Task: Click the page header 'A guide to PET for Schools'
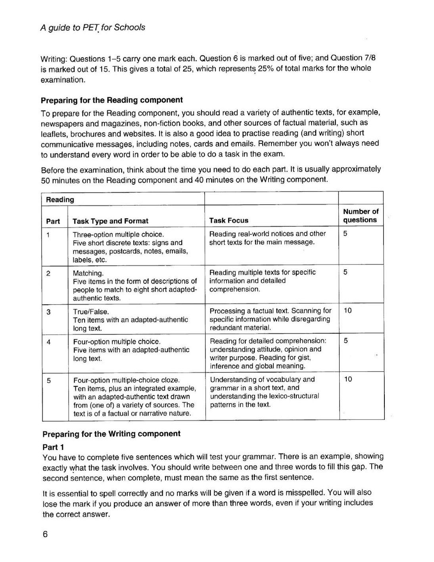[x=93, y=27]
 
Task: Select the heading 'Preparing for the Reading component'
[x=112, y=100]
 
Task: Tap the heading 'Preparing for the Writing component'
[x=111, y=433]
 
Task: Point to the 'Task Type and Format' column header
[x=110, y=221]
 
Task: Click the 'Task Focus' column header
[x=229, y=221]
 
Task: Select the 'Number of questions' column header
[x=360, y=216]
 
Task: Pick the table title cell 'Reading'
[x=60, y=199]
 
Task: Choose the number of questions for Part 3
[x=348, y=311]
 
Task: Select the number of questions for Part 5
[x=348, y=379]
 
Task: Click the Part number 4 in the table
[x=48, y=341]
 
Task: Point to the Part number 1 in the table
[x=48, y=234]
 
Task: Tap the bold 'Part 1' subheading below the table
[x=53, y=447]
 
